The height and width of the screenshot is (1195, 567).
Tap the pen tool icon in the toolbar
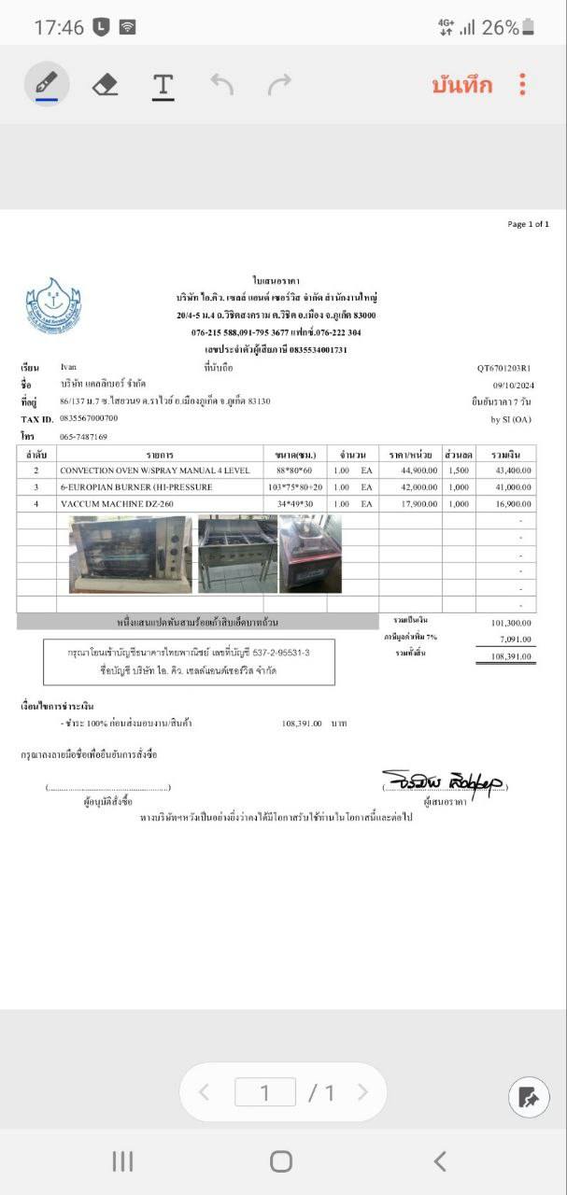[46, 85]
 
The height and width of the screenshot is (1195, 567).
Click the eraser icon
[106, 85]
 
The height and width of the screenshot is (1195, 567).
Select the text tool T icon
[163, 85]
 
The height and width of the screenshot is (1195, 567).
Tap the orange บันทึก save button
[461, 85]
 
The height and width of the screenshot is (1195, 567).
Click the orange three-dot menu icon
[522, 85]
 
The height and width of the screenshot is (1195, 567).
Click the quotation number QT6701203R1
[503, 368]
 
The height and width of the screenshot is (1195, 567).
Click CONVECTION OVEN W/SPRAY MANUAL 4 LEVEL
[155, 471]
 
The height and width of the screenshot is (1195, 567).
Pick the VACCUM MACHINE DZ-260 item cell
[117, 504]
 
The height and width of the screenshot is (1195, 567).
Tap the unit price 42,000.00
[412, 487]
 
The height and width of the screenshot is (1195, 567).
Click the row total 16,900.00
[511, 504]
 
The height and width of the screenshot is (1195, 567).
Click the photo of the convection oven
[131, 555]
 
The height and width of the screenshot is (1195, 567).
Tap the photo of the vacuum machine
[310, 554]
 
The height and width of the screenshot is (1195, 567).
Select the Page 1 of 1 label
[528, 224]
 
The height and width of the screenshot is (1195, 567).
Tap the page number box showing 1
[264, 1092]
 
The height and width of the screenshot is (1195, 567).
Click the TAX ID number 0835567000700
[89, 418]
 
